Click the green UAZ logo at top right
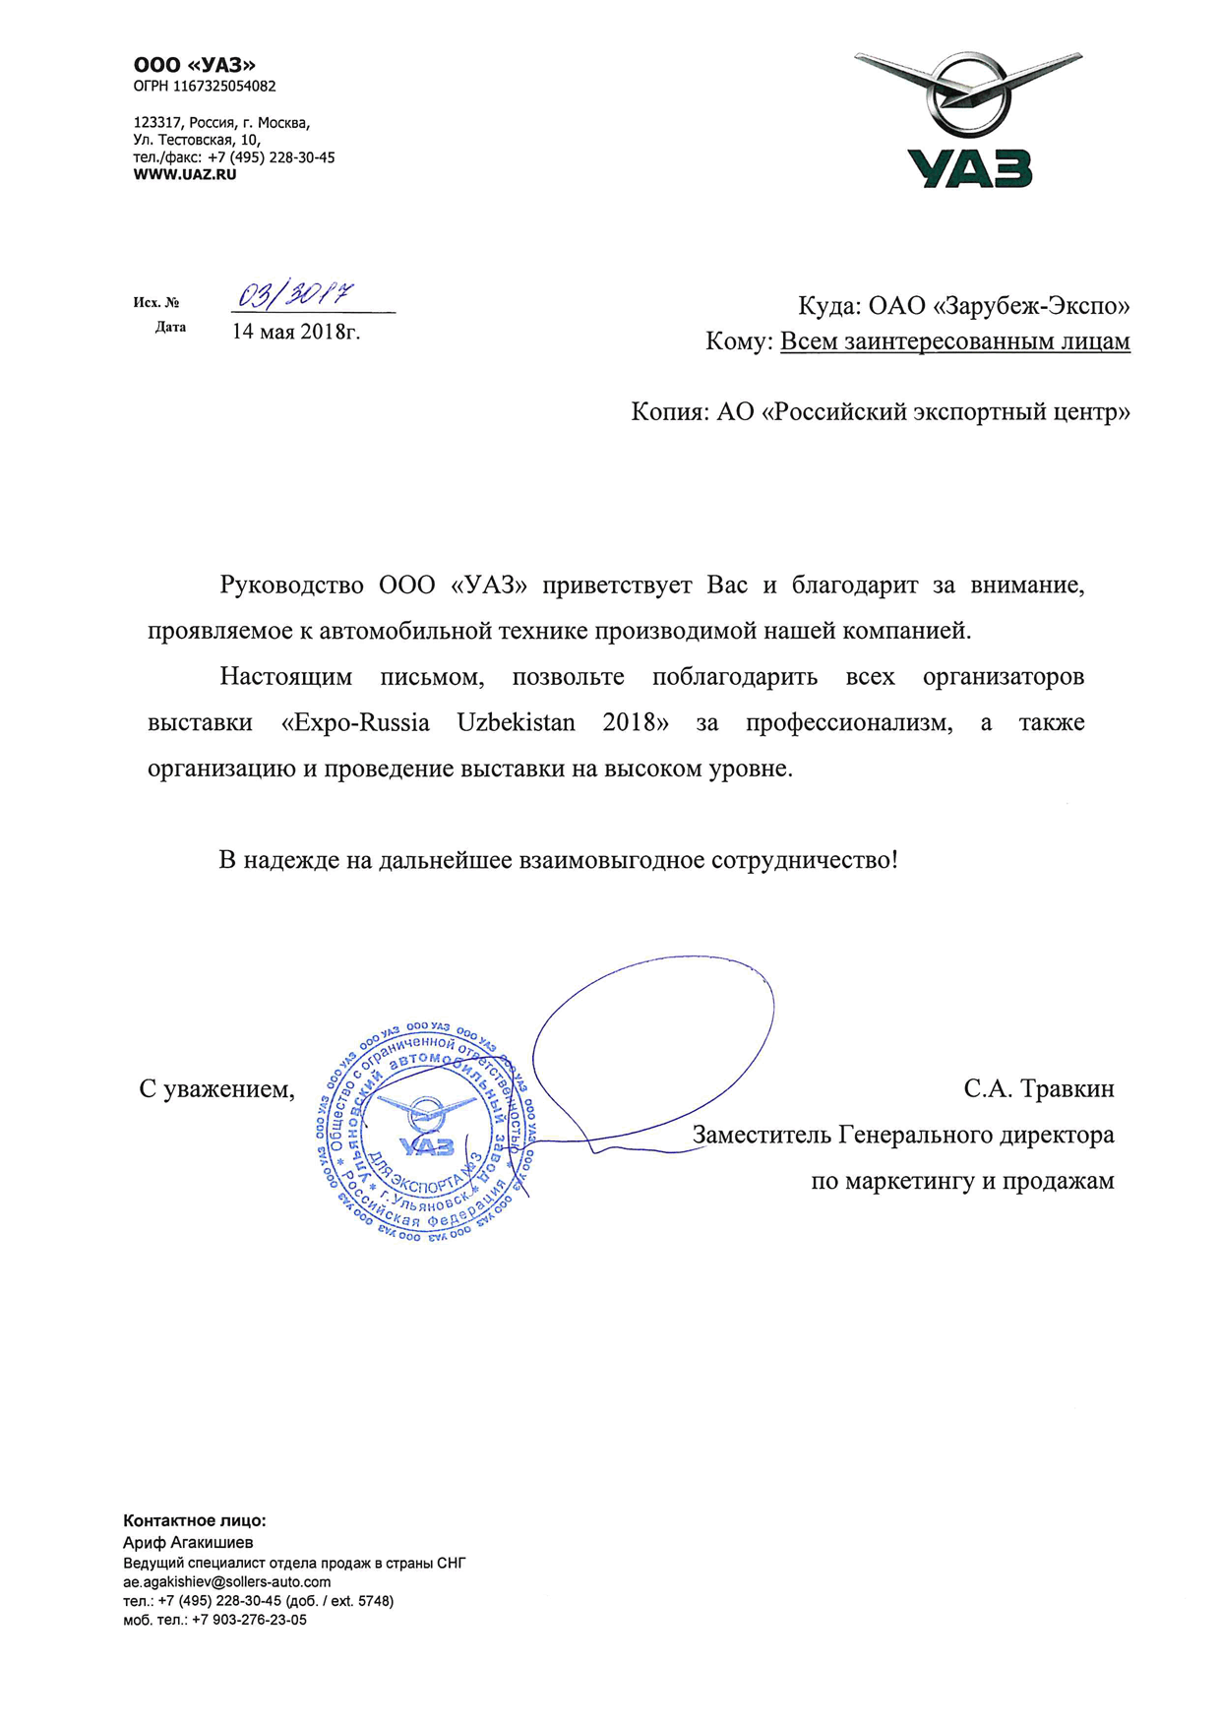pos(969,121)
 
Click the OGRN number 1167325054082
pos(224,87)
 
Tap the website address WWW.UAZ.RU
pos(185,175)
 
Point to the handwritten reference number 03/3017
pos(296,293)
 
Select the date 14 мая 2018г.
pos(296,332)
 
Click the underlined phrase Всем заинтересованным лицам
pos(954,341)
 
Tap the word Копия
pos(666,411)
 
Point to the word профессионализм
pos(848,723)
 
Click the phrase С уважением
pos(216,1089)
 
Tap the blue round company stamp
pos(427,1132)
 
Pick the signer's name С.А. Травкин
pos(1039,1089)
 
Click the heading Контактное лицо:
pos(195,1520)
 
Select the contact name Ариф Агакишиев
pos(188,1542)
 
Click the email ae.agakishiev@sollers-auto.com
pos(227,1581)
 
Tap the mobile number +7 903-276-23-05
pos(249,1620)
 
